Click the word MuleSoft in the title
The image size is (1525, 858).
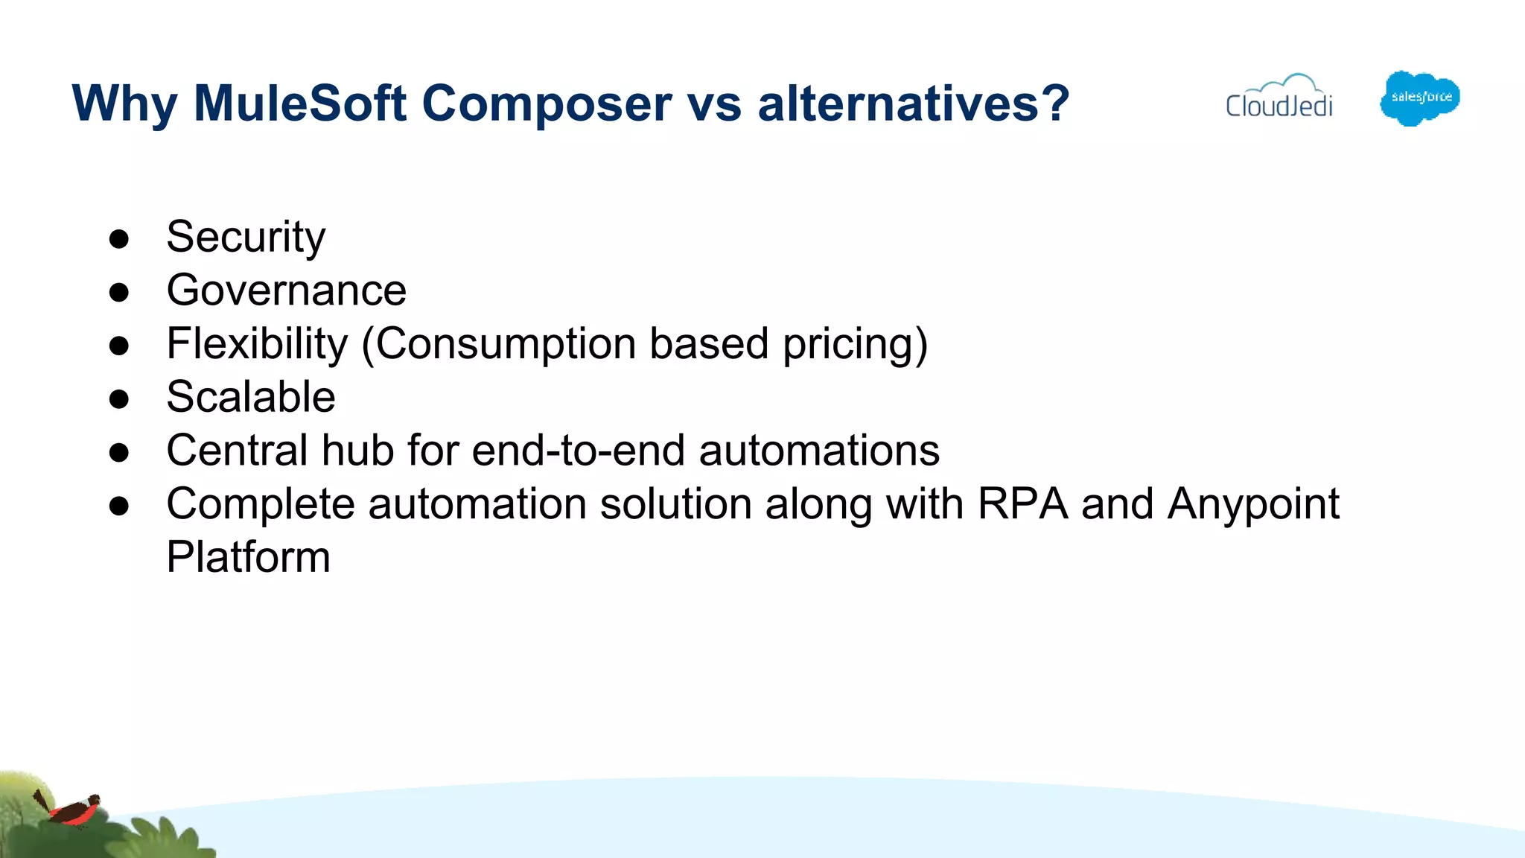(x=299, y=103)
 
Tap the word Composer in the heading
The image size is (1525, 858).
(x=547, y=103)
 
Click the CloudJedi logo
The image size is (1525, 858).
(x=1279, y=98)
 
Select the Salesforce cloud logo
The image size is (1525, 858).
(x=1419, y=98)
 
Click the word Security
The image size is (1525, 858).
(x=246, y=237)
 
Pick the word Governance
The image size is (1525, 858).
(x=287, y=290)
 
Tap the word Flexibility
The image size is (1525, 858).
(x=257, y=343)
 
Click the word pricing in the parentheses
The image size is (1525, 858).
(x=855, y=345)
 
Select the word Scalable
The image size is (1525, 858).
(x=251, y=397)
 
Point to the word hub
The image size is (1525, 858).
(x=357, y=451)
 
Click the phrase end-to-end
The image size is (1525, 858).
(x=578, y=451)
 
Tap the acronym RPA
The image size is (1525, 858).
(x=1022, y=504)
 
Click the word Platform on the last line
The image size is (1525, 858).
(x=248, y=557)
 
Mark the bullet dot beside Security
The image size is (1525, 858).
(x=119, y=239)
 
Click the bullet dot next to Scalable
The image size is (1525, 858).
(x=119, y=399)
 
